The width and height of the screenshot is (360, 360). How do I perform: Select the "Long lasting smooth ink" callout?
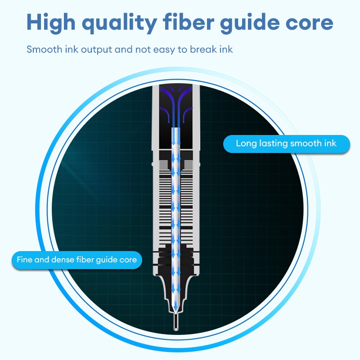286,144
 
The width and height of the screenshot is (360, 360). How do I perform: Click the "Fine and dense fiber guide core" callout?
76,260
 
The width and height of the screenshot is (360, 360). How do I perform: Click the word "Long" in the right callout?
246,144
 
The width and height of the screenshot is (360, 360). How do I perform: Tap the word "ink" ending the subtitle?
226,49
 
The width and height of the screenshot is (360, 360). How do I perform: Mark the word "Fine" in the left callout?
25,260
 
